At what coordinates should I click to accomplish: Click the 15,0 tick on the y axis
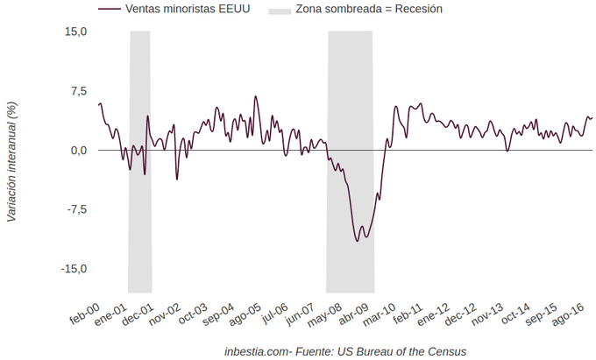pyautogui.click(x=76, y=32)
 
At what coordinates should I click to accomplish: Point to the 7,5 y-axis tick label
pyautogui.click(x=79, y=91)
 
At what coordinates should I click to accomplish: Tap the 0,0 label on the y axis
pyautogui.click(x=79, y=151)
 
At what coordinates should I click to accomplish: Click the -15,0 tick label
pyautogui.click(x=74, y=269)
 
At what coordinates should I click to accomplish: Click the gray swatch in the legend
pyautogui.click(x=280, y=10)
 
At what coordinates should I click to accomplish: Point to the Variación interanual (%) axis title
pyautogui.click(x=12, y=162)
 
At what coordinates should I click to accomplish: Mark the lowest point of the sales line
pyautogui.click(x=358, y=241)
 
